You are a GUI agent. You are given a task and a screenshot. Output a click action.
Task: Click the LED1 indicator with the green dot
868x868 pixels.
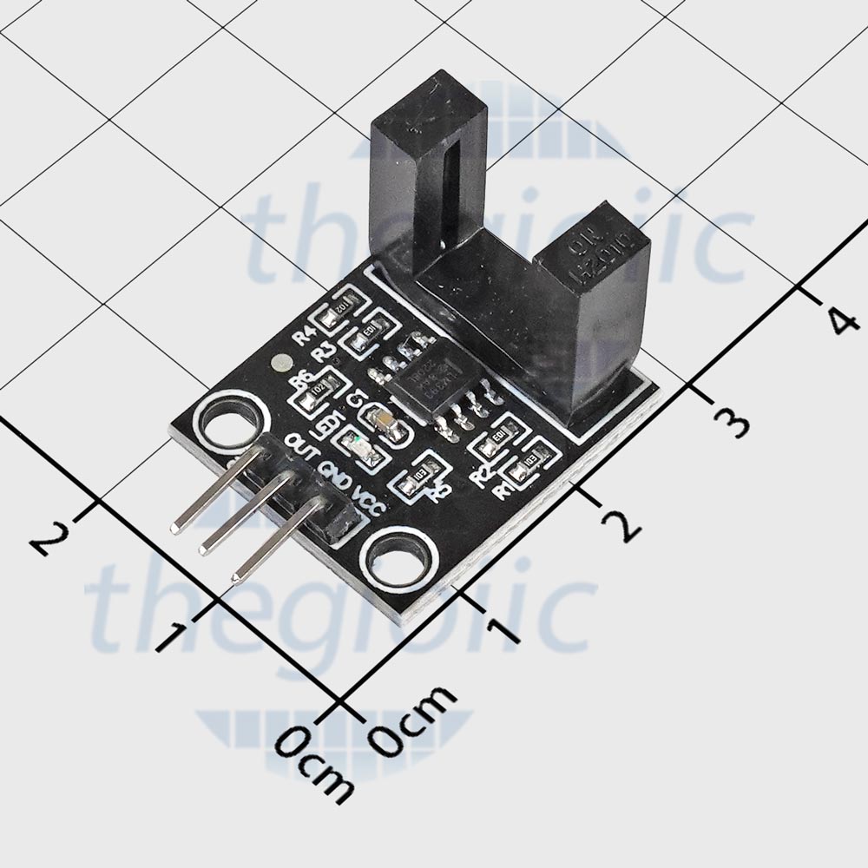pos(358,449)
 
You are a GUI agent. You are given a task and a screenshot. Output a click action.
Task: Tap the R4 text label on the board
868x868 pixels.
pos(305,335)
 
